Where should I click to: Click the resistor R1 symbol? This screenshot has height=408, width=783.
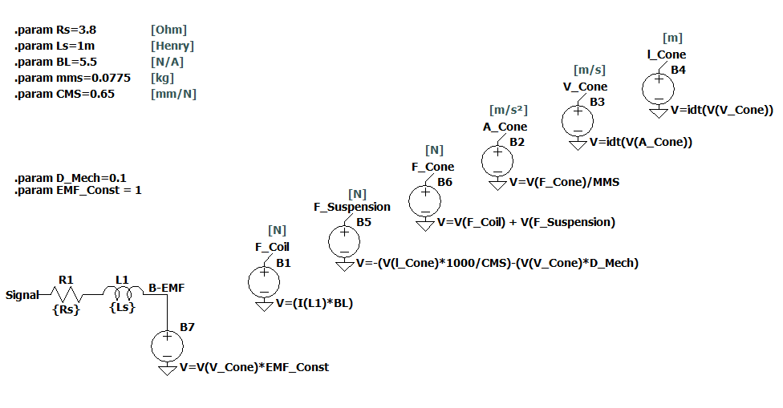67,295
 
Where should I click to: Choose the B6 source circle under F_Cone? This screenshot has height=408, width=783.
424,200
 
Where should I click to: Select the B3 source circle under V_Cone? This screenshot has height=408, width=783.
577,120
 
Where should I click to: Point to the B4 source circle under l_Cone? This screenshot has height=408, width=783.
657,87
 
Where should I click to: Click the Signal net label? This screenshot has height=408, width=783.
22,295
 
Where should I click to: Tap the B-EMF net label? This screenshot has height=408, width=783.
168,286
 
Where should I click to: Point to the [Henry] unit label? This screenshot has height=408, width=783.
172,46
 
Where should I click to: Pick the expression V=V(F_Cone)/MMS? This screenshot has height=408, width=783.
565,182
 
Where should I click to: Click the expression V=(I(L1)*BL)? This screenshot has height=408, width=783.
314,304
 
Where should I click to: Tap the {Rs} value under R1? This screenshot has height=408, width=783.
67,309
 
